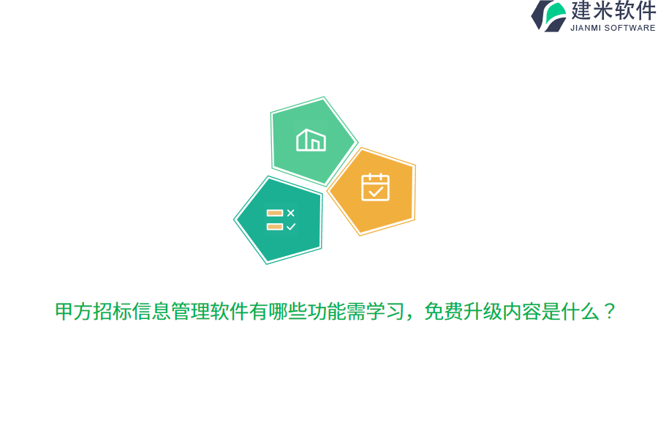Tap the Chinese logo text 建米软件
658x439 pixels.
(613, 11)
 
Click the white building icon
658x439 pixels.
(311, 140)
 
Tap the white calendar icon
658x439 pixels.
(375, 187)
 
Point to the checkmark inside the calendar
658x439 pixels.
(376, 192)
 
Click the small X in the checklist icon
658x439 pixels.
(291, 213)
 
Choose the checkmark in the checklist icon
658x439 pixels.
(291, 227)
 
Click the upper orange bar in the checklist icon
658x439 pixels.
(275, 213)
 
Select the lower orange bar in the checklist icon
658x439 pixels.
(275, 227)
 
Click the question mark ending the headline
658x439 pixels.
(609, 312)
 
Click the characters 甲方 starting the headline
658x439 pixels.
(74, 312)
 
